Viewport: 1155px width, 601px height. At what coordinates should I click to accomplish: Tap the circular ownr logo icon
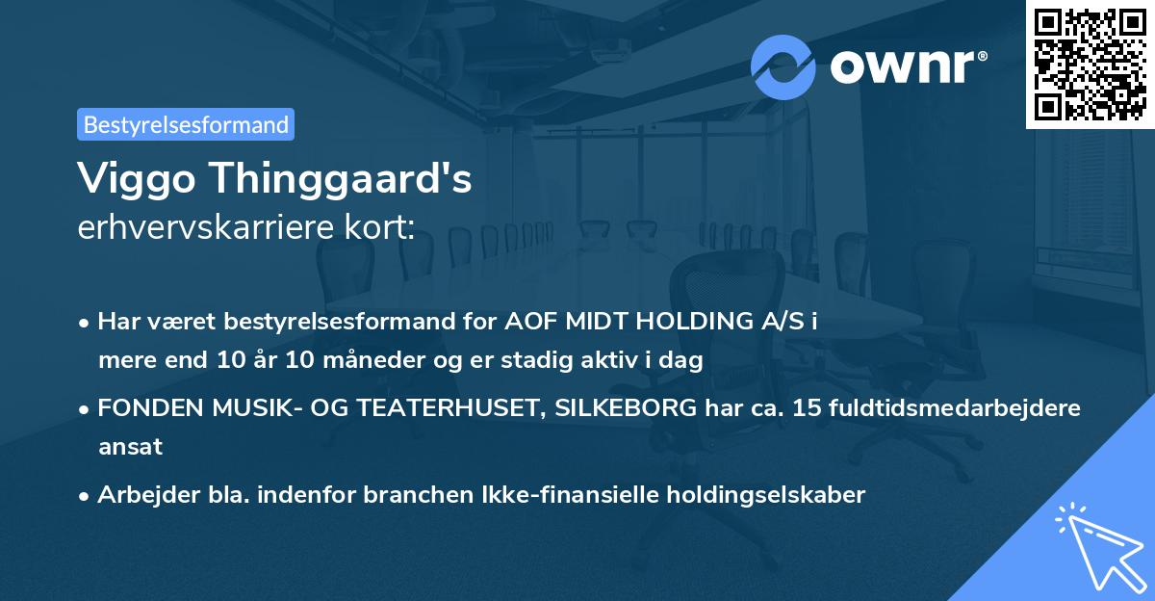tap(783, 66)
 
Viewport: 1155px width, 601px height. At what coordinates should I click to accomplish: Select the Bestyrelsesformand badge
tap(186, 124)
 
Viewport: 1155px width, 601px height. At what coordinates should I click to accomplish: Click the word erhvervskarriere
tap(202, 227)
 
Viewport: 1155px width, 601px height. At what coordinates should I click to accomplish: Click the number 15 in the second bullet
tap(802, 408)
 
